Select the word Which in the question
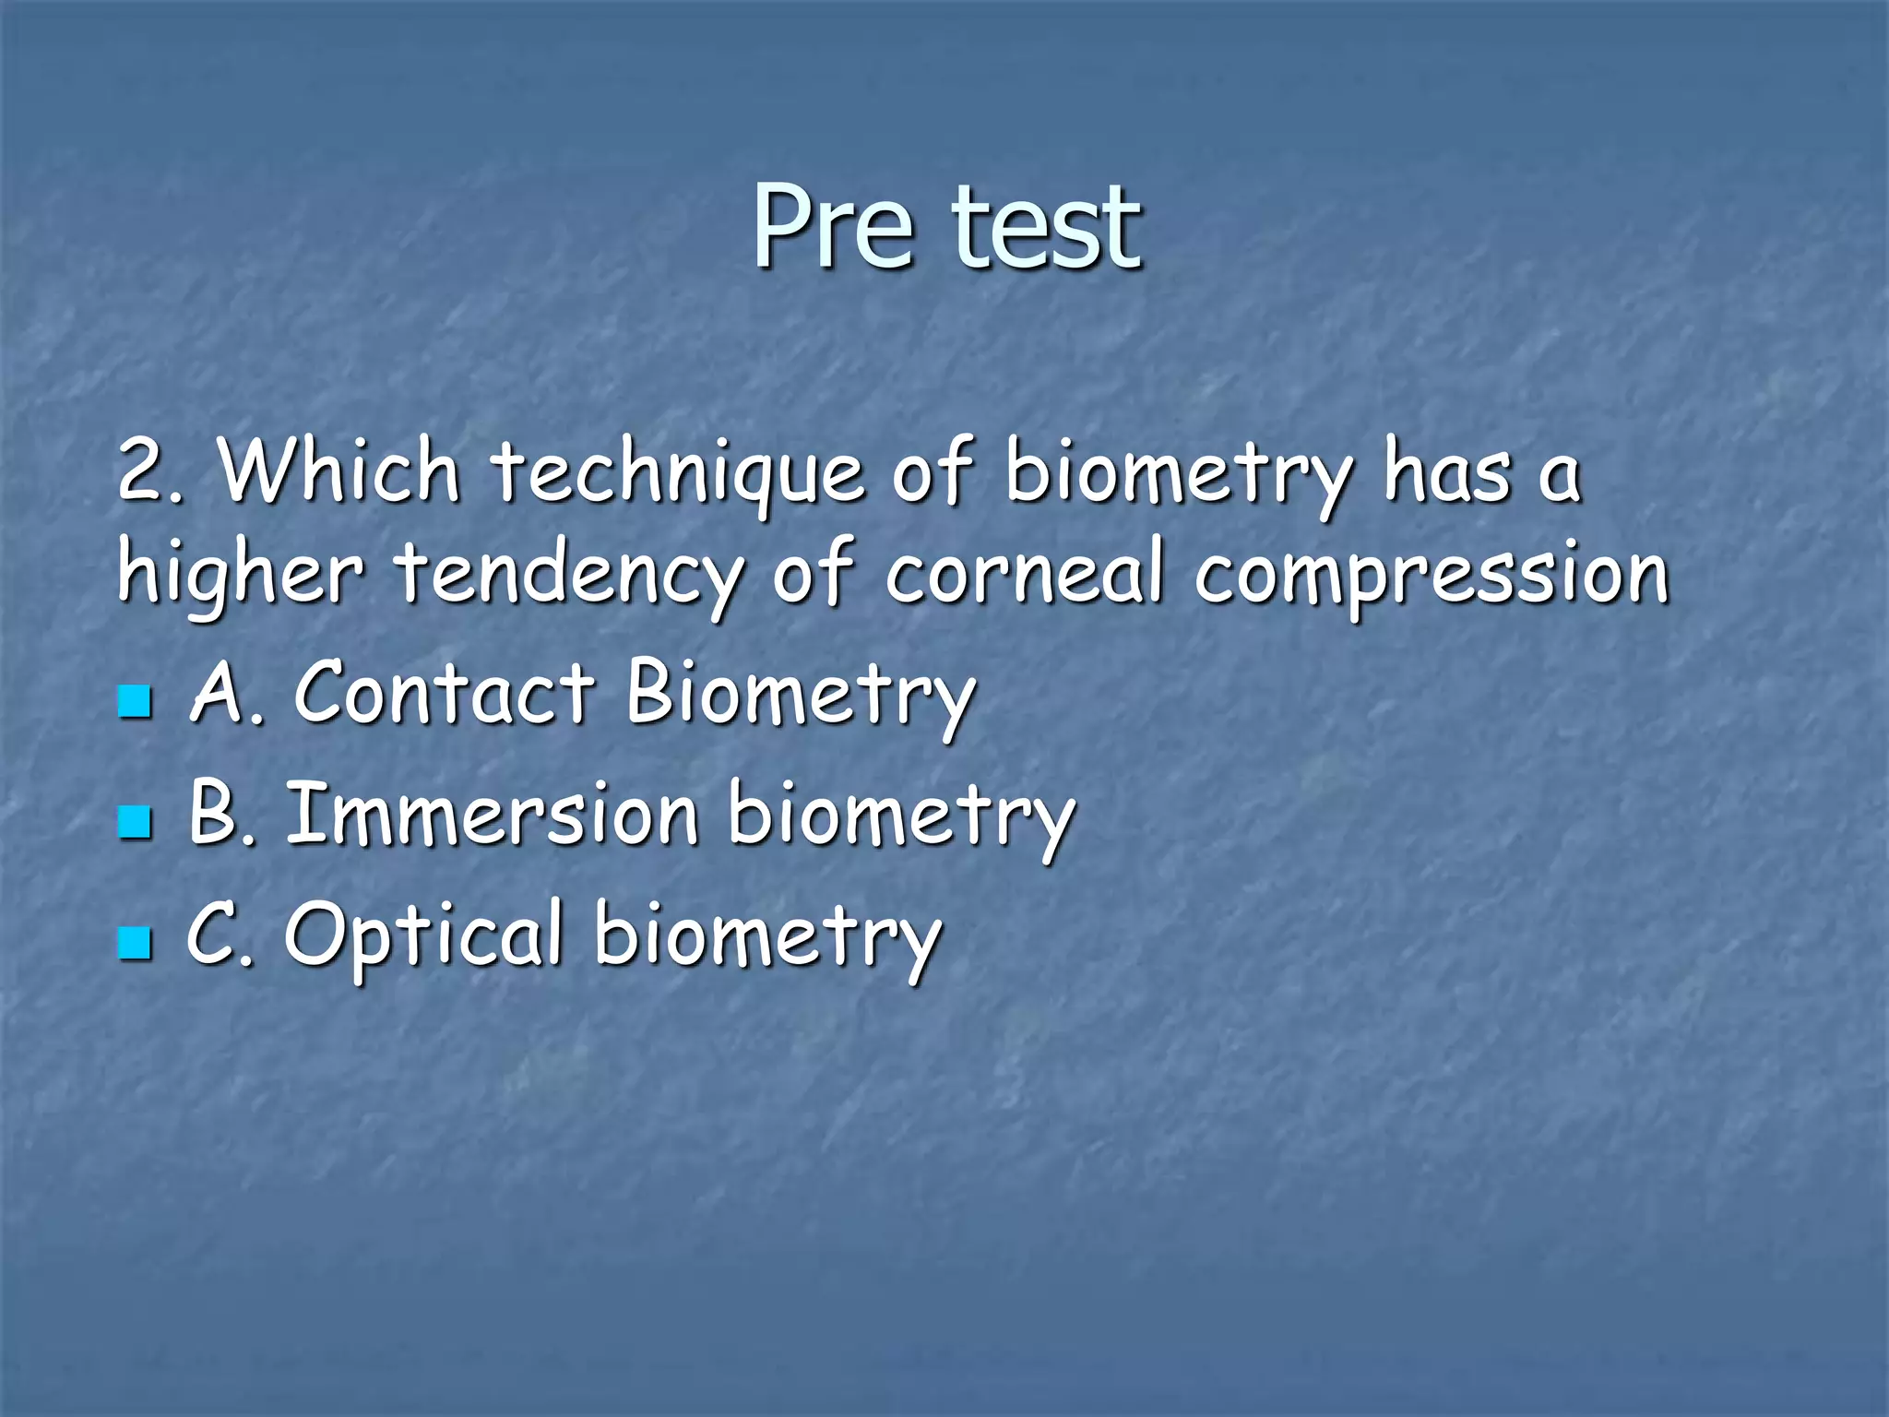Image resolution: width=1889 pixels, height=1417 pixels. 339,472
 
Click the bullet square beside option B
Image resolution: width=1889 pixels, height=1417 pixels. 135,821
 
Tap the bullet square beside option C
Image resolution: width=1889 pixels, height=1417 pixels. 135,943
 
